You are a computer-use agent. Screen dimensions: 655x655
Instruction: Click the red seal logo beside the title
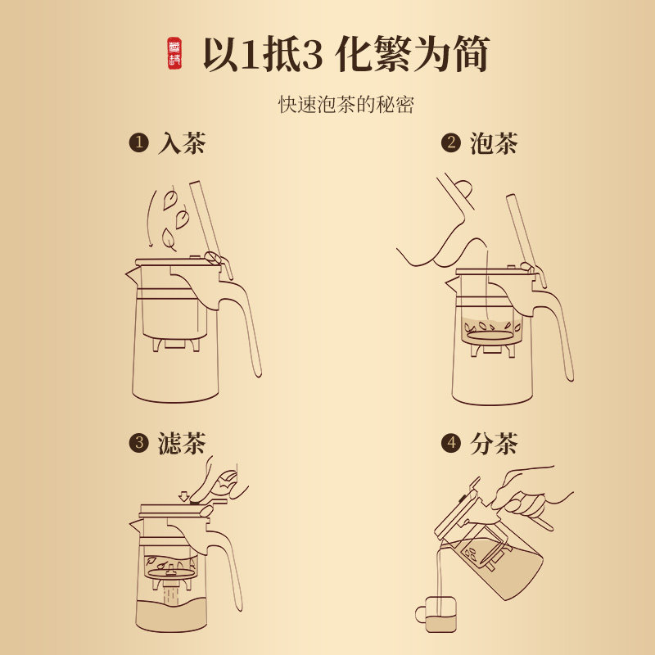click(174, 53)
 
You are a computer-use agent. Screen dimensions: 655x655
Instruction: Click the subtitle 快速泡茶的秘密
click(346, 105)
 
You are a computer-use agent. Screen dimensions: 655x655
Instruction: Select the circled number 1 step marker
click(138, 143)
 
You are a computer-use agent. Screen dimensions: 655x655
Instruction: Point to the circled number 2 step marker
click(451, 143)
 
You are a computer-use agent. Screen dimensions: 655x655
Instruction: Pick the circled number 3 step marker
click(138, 443)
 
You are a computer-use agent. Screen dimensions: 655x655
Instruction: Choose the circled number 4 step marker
click(451, 443)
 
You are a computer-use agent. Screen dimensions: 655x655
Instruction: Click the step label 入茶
click(182, 143)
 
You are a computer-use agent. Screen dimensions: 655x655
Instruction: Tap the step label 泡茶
click(494, 143)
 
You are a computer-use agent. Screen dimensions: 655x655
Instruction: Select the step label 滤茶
click(182, 443)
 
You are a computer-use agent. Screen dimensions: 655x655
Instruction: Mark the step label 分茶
click(494, 443)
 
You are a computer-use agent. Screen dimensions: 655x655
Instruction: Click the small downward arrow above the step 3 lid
click(183, 496)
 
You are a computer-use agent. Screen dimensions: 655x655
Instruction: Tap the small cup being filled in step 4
click(436, 614)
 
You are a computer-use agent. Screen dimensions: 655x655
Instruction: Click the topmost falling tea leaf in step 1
click(170, 200)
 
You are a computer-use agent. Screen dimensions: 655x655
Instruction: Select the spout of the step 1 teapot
click(133, 273)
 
